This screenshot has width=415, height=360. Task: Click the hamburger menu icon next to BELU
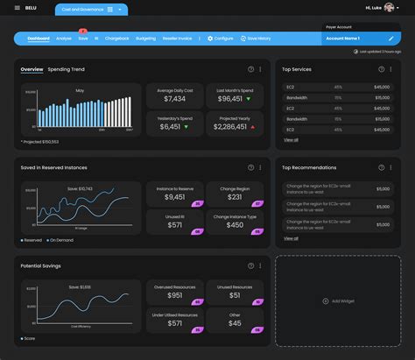[17, 9]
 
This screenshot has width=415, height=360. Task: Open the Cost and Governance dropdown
[91, 9]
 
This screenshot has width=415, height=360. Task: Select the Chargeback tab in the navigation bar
[116, 39]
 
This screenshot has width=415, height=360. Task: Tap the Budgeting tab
[145, 39]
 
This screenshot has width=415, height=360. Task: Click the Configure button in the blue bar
[220, 39]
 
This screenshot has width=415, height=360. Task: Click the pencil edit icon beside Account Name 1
[390, 39]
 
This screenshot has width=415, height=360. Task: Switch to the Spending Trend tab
[67, 69]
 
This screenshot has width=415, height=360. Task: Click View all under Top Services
[291, 139]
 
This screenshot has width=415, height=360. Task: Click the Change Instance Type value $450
[236, 224]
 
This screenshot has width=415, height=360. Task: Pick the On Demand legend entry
[60, 240]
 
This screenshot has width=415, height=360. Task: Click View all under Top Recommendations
[291, 238]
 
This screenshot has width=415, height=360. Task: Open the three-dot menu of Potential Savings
[261, 265]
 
